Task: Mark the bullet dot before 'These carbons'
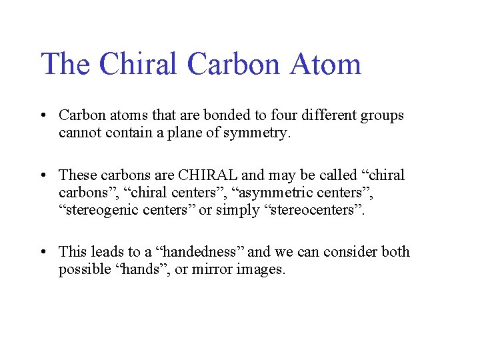click(x=43, y=175)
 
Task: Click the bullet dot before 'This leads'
click(x=43, y=252)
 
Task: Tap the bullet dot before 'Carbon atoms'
click(x=43, y=116)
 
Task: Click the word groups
click(x=382, y=115)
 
